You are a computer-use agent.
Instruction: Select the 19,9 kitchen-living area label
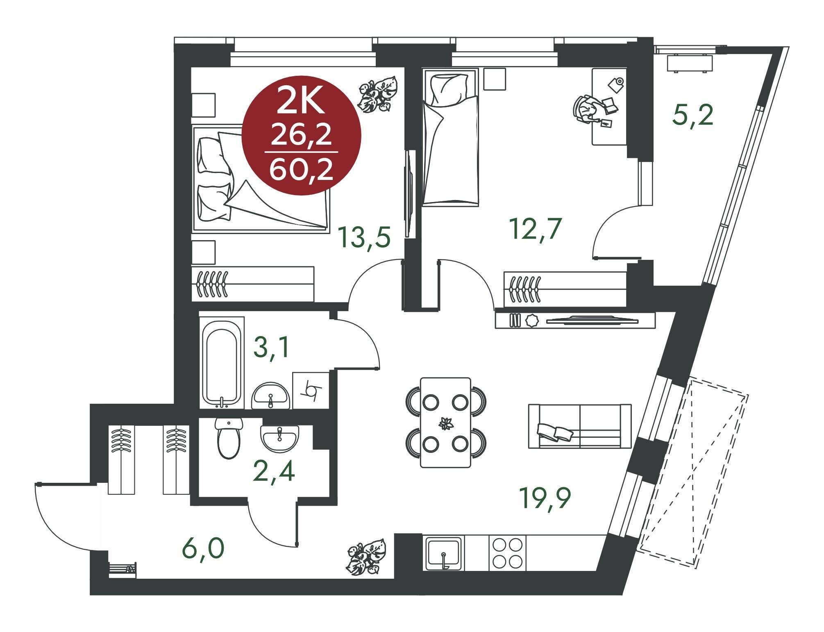[x=545, y=498]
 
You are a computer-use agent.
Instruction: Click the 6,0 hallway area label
[x=204, y=548]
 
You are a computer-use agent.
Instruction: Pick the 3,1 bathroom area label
[x=272, y=348]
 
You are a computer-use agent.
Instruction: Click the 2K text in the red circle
[x=301, y=101]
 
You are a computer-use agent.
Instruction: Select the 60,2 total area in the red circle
[x=301, y=170]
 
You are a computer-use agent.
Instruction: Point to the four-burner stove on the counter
[x=507, y=553]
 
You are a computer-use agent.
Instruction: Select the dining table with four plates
[x=445, y=422]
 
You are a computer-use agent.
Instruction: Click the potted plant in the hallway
[x=366, y=556]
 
